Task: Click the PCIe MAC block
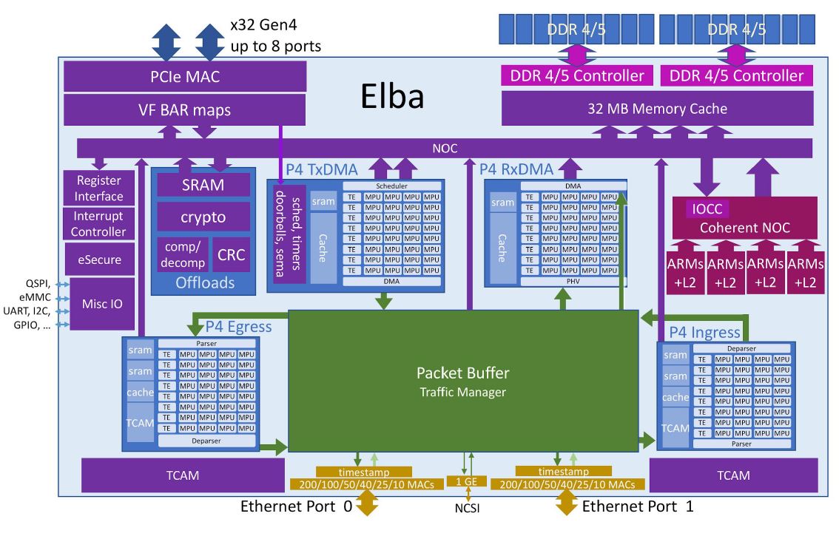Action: pos(185,76)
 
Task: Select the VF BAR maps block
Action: pos(185,110)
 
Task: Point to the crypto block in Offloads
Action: pos(203,217)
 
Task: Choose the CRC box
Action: pos(231,256)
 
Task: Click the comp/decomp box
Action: pos(183,256)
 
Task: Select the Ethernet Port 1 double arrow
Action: pos(567,504)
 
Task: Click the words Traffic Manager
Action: pos(463,392)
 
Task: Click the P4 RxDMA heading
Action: pos(516,169)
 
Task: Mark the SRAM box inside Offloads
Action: pos(203,185)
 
